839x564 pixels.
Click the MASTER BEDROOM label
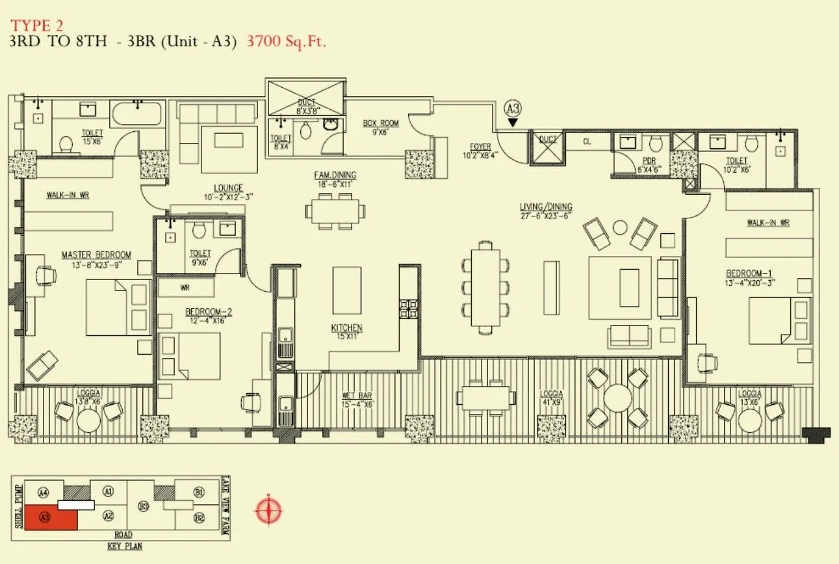point(96,255)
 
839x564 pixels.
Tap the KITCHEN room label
point(346,328)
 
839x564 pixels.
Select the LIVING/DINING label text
point(545,207)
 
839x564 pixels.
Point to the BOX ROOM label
point(381,123)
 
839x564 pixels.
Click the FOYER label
point(481,147)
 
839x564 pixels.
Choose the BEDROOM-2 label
point(209,312)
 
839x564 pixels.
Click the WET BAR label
point(356,396)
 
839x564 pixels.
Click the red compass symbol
point(268,509)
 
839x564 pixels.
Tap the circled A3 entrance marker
point(513,109)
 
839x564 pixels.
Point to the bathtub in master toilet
point(136,114)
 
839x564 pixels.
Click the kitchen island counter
point(346,290)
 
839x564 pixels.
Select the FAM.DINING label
point(335,175)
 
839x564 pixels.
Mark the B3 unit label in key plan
point(144,506)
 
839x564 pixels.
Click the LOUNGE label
point(228,188)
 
